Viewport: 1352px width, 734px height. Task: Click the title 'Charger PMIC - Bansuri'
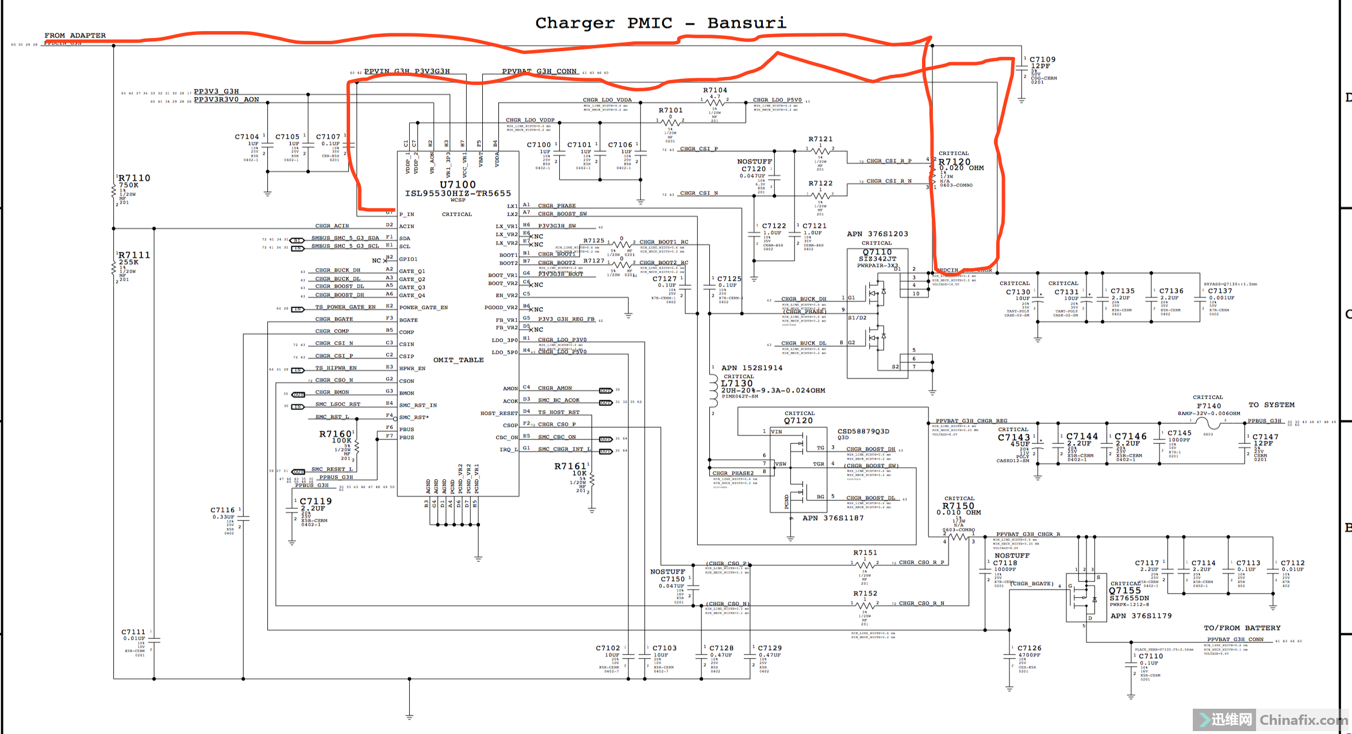tap(660, 23)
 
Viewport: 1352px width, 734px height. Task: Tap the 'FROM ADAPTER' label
tap(75, 36)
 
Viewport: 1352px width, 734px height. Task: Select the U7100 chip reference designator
tap(458, 185)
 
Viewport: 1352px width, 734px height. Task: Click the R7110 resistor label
tap(134, 178)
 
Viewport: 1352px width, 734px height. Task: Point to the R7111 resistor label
tap(134, 255)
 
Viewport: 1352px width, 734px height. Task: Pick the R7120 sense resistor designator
tap(954, 162)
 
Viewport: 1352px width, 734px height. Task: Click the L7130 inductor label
tap(736, 383)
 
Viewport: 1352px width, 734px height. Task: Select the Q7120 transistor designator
tap(798, 420)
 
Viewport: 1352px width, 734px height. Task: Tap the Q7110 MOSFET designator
tap(877, 252)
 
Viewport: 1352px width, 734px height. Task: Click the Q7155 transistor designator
tap(1124, 590)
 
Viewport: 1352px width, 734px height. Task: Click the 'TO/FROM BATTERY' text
tap(1242, 628)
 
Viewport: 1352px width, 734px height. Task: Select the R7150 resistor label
tap(958, 506)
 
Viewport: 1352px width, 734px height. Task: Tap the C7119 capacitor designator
tap(316, 501)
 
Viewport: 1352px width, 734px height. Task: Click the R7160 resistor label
tap(335, 434)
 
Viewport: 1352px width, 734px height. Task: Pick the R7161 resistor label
tap(570, 466)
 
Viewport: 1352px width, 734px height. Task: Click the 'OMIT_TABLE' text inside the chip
tap(458, 360)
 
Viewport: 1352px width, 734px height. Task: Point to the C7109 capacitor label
tap(1042, 59)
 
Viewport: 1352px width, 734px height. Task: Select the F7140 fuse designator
tap(1208, 406)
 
